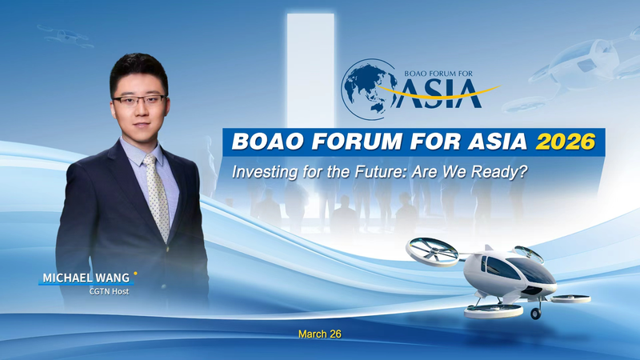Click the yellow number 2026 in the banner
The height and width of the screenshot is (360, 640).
(566, 142)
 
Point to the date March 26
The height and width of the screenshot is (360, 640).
(319, 333)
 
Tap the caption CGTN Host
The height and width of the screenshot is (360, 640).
(109, 291)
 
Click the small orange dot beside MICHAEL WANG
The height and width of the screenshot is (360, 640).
(135, 273)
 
